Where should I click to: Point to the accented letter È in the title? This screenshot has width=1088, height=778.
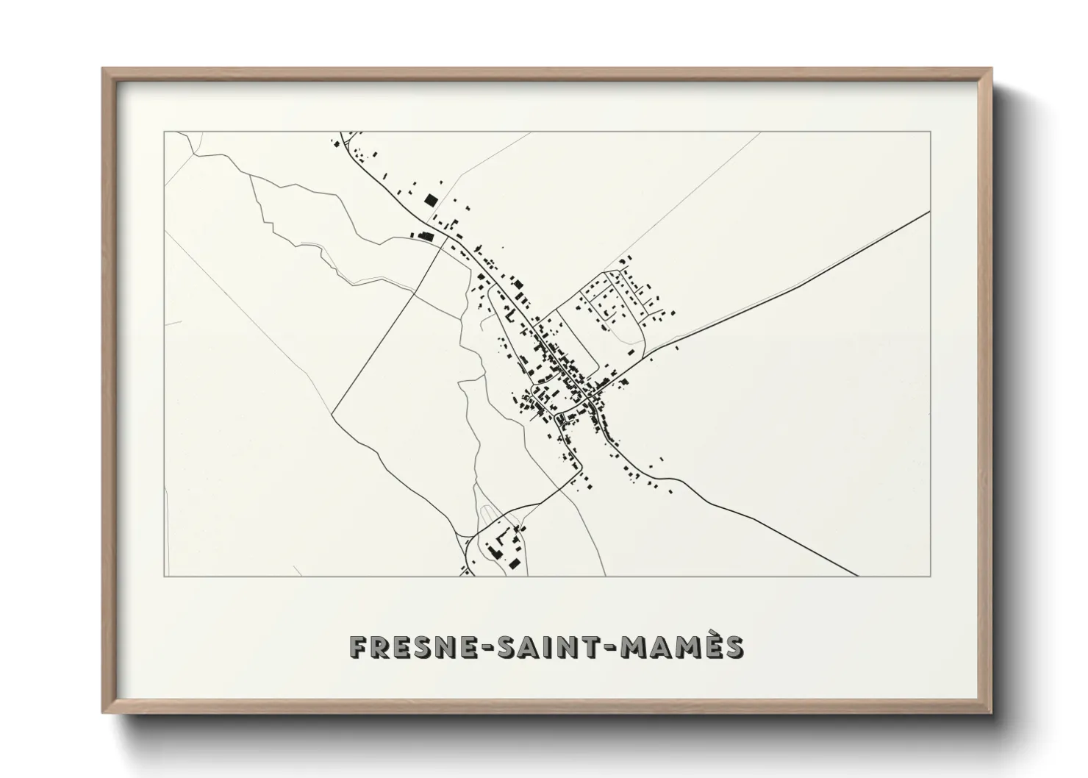(x=711, y=646)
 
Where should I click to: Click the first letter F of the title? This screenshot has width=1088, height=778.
(x=358, y=647)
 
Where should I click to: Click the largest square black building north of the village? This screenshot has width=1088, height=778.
(x=430, y=199)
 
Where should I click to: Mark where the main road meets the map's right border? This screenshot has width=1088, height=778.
(x=930, y=212)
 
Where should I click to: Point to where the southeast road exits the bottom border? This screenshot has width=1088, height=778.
(x=858, y=576)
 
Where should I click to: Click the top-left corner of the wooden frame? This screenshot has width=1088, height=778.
(x=103, y=69)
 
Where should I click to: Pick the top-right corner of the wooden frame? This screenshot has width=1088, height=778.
(x=991, y=69)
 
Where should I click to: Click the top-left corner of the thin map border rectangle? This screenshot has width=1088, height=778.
(x=164, y=132)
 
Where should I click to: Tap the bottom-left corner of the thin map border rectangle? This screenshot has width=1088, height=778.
(x=164, y=576)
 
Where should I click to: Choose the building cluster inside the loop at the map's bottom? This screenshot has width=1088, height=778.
(x=504, y=548)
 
